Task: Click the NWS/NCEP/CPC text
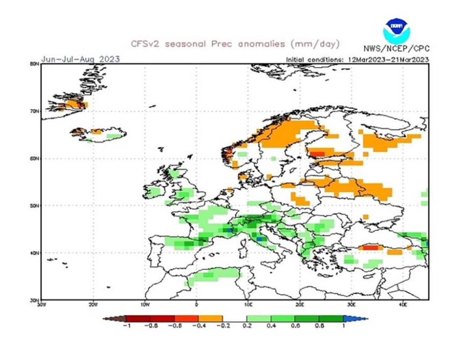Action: tap(397, 49)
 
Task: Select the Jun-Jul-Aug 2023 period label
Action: tap(81, 59)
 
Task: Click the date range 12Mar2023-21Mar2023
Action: tap(388, 59)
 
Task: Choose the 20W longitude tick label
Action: tap(93, 305)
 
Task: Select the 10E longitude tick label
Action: tap(248, 305)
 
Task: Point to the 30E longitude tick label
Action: tap(352, 305)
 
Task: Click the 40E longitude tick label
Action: tap(403, 305)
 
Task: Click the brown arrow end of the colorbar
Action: tap(114, 319)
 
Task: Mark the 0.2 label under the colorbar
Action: tap(246, 326)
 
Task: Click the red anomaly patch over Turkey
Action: tap(371, 248)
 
